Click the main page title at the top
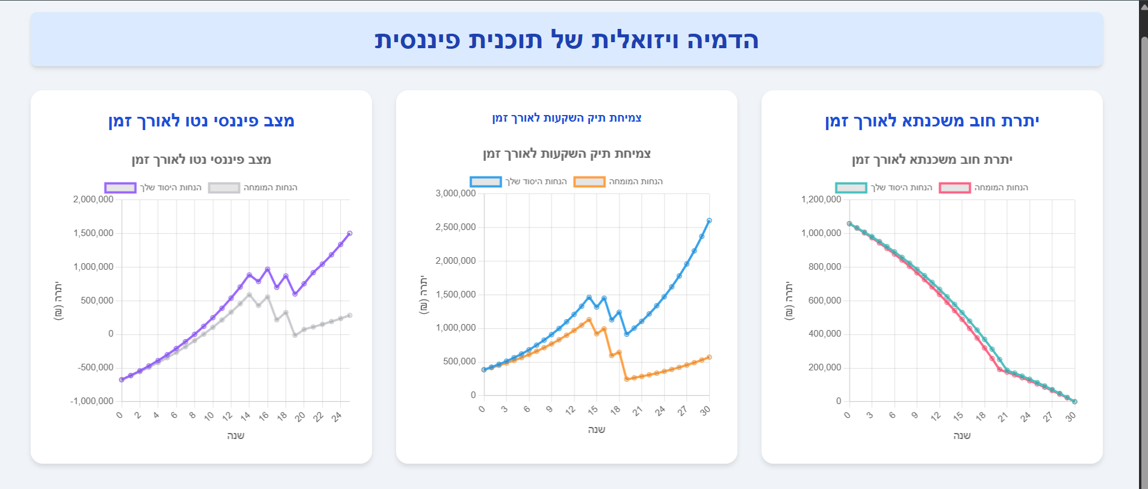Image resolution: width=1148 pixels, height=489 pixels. [x=566, y=40]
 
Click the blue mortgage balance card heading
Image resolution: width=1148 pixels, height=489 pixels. [x=932, y=121]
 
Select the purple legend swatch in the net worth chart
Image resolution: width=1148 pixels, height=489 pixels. [x=120, y=188]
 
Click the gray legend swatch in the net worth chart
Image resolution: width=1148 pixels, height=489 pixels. [x=224, y=188]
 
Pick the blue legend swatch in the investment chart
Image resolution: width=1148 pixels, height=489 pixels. [x=486, y=182]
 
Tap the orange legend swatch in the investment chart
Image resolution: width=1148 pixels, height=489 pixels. [x=589, y=182]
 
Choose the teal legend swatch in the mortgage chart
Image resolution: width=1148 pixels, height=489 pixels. [x=851, y=188]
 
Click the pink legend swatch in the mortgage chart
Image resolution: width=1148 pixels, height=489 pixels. [x=955, y=188]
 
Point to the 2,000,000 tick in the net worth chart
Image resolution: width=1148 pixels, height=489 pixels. [x=93, y=199]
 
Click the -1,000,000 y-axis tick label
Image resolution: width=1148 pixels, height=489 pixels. [x=92, y=401]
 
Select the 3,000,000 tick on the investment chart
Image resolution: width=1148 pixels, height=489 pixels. [x=456, y=193]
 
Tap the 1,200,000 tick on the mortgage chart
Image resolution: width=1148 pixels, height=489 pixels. [x=821, y=199]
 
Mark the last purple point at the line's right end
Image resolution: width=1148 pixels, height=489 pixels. [x=350, y=233]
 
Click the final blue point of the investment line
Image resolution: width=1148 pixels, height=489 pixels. [x=709, y=220]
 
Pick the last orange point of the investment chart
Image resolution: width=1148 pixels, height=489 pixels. [x=709, y=357]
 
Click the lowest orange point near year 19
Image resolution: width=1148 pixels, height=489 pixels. [x=627, y=379]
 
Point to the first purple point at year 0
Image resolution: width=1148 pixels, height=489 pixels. [x=122, y=379]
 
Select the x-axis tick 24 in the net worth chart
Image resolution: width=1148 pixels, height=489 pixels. [x=337, y=416]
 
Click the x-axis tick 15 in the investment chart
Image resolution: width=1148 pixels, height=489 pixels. [x=593, y=411]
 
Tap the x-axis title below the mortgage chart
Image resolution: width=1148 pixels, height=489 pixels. [x=962, y=435]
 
